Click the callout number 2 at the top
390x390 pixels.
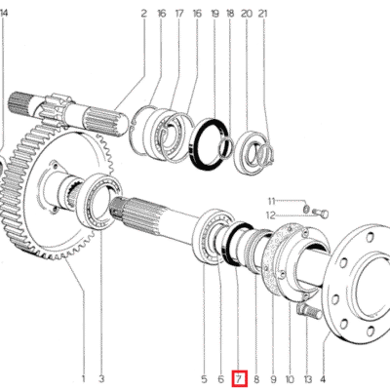coord(143,14)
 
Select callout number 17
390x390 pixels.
coord(178,14)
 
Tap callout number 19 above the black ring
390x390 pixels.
coord(213,14)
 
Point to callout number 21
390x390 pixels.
coord(262,14)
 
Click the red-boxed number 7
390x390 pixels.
coord(239,377)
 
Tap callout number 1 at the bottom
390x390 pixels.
coord(84,377)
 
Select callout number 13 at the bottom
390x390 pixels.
coord(307,377)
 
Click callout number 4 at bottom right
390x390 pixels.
coord(324,377)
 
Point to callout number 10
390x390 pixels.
coord(290,377)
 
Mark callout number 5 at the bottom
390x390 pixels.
coord(204,377)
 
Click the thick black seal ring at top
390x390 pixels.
coord(209,145)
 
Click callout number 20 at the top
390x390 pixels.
coord(246,14)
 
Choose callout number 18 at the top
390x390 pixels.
coord(229,14)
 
